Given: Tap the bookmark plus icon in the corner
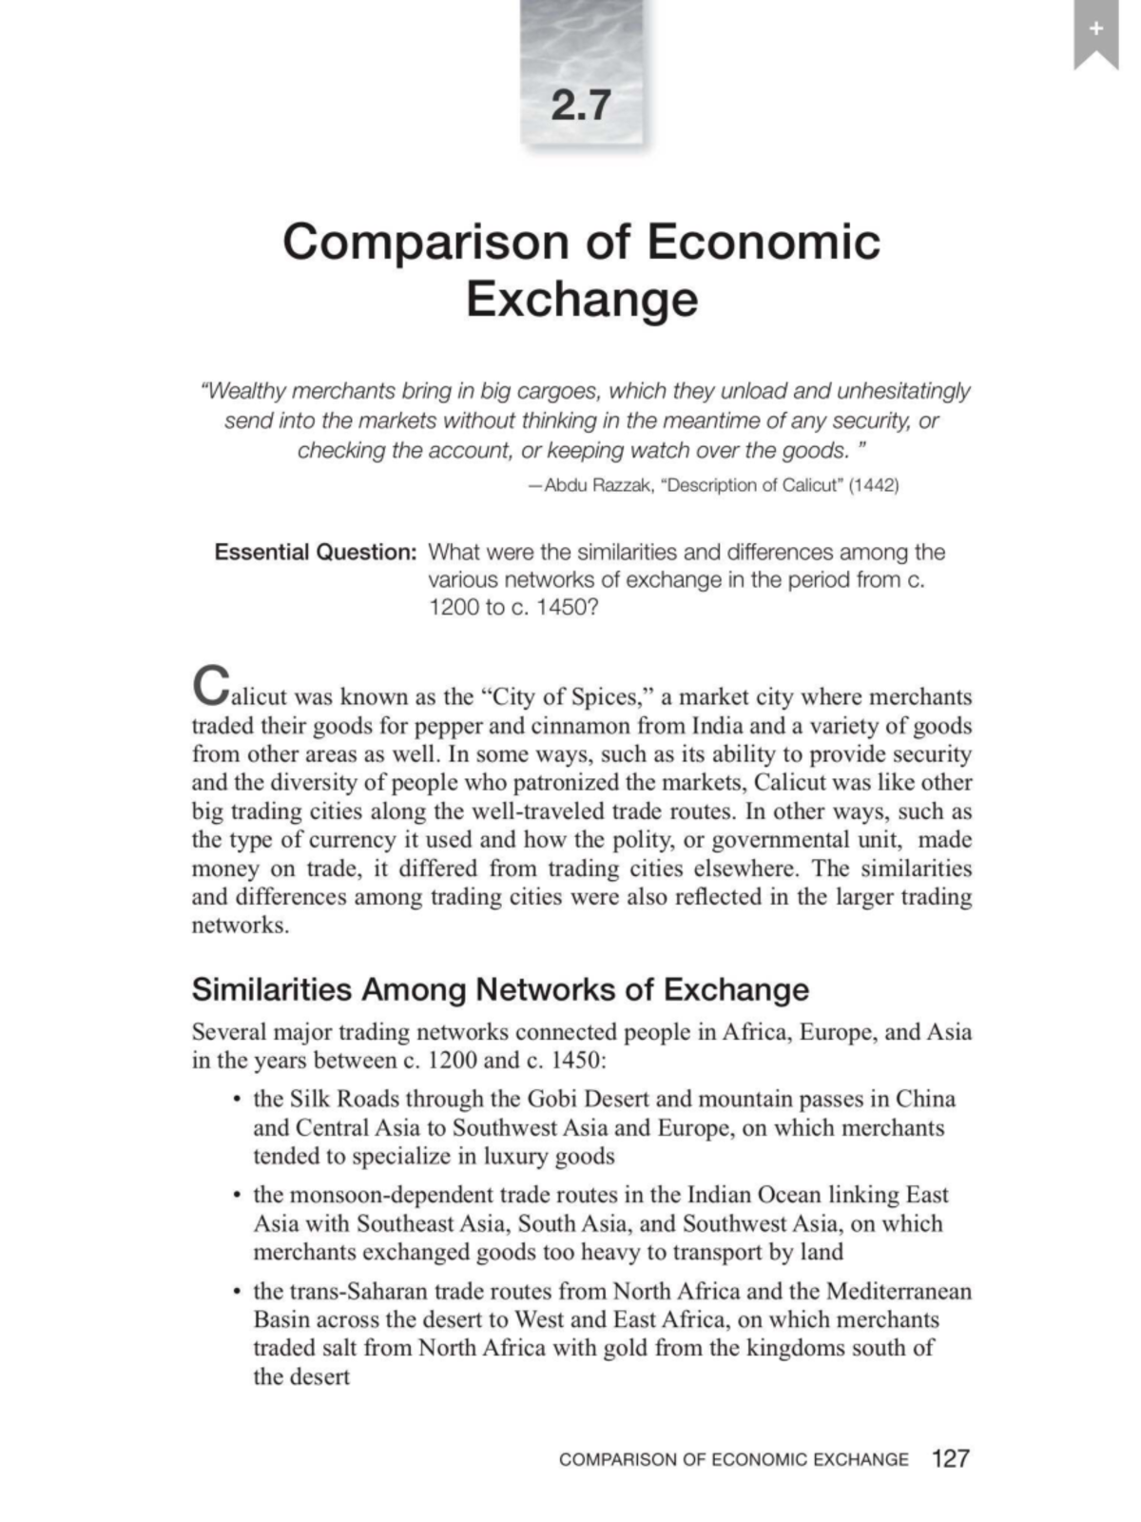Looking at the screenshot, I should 1095,30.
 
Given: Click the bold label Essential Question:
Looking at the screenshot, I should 315,552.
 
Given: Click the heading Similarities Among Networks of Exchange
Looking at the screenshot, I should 500,989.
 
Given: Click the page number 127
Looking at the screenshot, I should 950,1458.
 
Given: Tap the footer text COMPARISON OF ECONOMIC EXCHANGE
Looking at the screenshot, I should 733,1459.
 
